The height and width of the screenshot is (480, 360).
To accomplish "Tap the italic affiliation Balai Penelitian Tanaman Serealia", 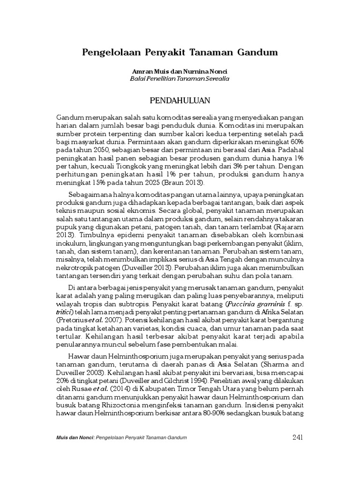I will point(180,79).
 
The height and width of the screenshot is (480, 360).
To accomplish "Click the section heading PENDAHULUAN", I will point(180,100).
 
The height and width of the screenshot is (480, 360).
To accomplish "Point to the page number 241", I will point(298,437).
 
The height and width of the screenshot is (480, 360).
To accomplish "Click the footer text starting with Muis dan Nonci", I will point(121,438).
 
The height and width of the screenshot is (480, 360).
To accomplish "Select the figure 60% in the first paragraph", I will point(297,142).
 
